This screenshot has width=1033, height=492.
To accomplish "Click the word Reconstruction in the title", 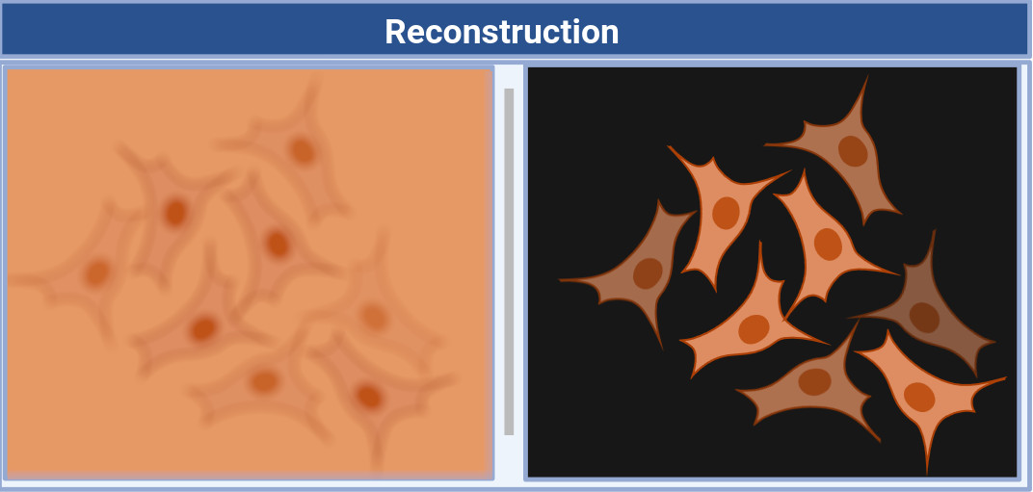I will pos(501,32).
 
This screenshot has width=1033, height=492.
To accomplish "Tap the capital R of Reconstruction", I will pos(395,32).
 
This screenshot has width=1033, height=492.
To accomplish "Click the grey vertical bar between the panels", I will pos(509,261).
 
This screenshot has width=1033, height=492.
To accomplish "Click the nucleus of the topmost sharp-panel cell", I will pos(853,150).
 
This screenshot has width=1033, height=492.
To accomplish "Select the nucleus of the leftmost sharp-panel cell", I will pos(648,272).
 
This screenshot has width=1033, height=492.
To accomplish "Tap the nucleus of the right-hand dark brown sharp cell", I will pos(924,317).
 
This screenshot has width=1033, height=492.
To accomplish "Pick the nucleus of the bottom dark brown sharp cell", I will pos(814,381).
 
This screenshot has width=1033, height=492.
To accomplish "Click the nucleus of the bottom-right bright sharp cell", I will pos(919,396).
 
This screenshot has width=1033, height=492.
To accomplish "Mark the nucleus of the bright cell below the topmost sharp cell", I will pos(828,244).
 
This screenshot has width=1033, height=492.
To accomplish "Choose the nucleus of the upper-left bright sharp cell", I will pos(726,213).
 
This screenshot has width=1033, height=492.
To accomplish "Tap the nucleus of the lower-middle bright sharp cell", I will pos(754,328).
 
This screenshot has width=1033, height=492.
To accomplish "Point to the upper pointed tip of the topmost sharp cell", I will pos(866,77).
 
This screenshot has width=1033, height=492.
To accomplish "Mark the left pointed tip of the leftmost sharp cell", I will pos(560,280).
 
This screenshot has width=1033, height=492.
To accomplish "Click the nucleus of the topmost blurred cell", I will pos(303,150).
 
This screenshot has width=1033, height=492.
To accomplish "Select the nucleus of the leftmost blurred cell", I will pos(96,273).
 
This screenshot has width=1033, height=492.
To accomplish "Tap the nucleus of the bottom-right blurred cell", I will pos(368,396).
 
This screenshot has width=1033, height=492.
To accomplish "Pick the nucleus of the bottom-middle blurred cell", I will pos(263,382).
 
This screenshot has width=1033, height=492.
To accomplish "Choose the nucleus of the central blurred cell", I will pos(278,244).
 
